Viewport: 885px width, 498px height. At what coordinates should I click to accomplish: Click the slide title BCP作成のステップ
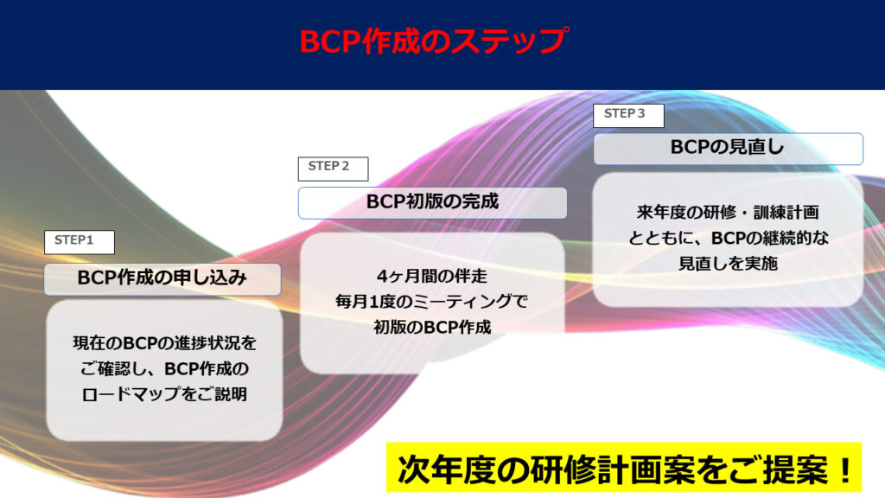point(433,41)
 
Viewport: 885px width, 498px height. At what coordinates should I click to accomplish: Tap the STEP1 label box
point(79,241)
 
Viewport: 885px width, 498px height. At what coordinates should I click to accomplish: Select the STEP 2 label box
point(333,168)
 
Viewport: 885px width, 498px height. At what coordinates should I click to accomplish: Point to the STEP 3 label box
point(627,115)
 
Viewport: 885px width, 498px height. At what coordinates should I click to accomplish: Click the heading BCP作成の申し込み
point(162,278)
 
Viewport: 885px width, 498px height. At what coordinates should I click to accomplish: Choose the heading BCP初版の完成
point(432,202)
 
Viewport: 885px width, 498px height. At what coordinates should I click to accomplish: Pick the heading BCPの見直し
point(728,148)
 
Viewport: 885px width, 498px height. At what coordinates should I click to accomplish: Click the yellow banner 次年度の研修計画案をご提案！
point(624,469)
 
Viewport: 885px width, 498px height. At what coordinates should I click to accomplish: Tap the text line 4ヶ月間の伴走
point(432,278)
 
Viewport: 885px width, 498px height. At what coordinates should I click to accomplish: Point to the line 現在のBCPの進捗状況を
point(164,344)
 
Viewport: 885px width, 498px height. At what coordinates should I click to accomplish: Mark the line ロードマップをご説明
point(164,394)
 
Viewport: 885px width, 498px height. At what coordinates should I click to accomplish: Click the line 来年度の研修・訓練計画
point(728,212)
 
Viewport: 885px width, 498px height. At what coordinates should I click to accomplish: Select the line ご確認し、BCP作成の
point(164,369)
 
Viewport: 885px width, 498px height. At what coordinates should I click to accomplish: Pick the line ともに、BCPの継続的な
point(728,238)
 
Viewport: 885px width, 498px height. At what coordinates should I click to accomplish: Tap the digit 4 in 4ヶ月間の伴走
point(382,278)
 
